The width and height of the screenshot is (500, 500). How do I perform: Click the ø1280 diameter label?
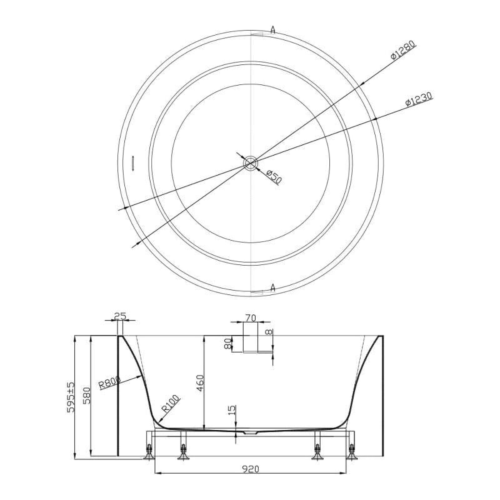[403, 51]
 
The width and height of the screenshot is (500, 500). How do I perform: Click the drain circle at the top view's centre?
[250, 164]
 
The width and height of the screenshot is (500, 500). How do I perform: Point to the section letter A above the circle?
[273, 29]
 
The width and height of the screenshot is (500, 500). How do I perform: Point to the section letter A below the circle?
[273, 287]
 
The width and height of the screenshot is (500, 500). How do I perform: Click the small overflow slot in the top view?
[133, 162]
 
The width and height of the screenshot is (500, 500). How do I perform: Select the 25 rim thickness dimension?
[121, 317]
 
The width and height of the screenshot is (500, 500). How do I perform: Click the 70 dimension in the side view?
[250, 318]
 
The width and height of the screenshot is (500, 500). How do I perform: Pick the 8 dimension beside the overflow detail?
[269, 332]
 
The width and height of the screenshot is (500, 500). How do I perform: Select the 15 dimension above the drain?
[232, 411]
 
